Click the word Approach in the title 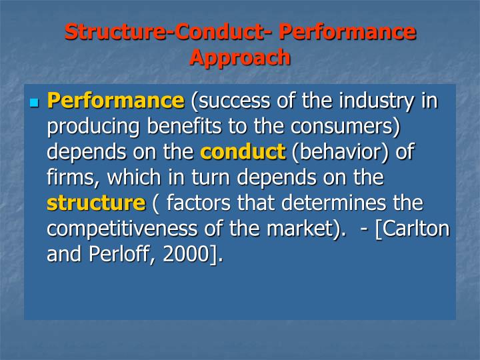click(x=240, y=57)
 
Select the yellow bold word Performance click(x=115, y=101)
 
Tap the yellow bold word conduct click(x=243, y=152)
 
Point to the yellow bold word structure click(x=95, y=203)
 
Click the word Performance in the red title click(x=347, y=32)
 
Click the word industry click(x=377, y=101)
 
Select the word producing click(x=94, y=127)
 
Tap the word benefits click(x=187, y=127)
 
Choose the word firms click(x=69, y=177)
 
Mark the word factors click(x=200, y=203)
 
